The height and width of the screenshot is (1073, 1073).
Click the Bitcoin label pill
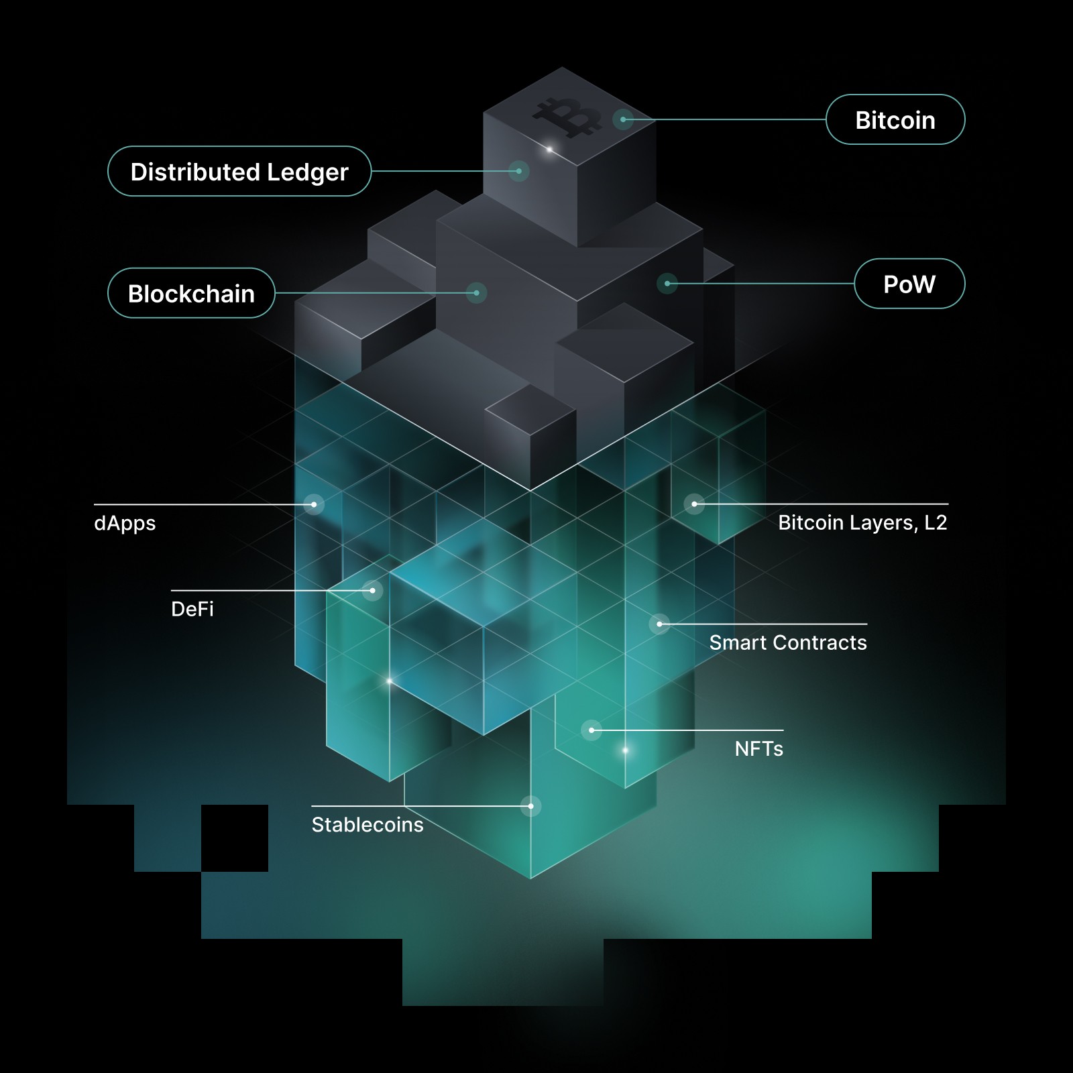[895, 120]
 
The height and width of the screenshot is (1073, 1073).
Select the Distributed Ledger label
[239, 172]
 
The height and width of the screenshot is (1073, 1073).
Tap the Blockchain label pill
[191, 293]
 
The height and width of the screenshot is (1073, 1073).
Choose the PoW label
[909, 284]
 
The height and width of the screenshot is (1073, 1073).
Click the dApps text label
[125, 523]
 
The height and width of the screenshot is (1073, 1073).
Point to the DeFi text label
[192, 609]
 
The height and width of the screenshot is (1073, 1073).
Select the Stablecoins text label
[368, 824]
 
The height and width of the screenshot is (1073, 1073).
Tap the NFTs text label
[758, 748]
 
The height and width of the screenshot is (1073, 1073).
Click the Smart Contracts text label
[788, 642]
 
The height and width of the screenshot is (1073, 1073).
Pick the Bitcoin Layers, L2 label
[862, 522]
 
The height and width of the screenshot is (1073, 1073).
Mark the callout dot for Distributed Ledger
[518, 171]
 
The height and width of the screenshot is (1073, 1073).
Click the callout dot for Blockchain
[476, 293]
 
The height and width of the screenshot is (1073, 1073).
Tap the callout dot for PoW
[667, 284]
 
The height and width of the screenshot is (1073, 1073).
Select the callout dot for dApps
[314, 504]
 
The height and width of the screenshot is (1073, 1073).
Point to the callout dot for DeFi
[372, 590]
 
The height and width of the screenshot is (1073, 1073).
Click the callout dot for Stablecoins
[530, 806]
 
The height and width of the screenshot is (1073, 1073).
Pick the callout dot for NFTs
[591, 730]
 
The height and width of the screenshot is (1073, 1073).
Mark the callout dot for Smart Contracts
[659, 624]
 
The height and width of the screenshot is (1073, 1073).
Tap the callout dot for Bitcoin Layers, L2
[694, 504]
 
